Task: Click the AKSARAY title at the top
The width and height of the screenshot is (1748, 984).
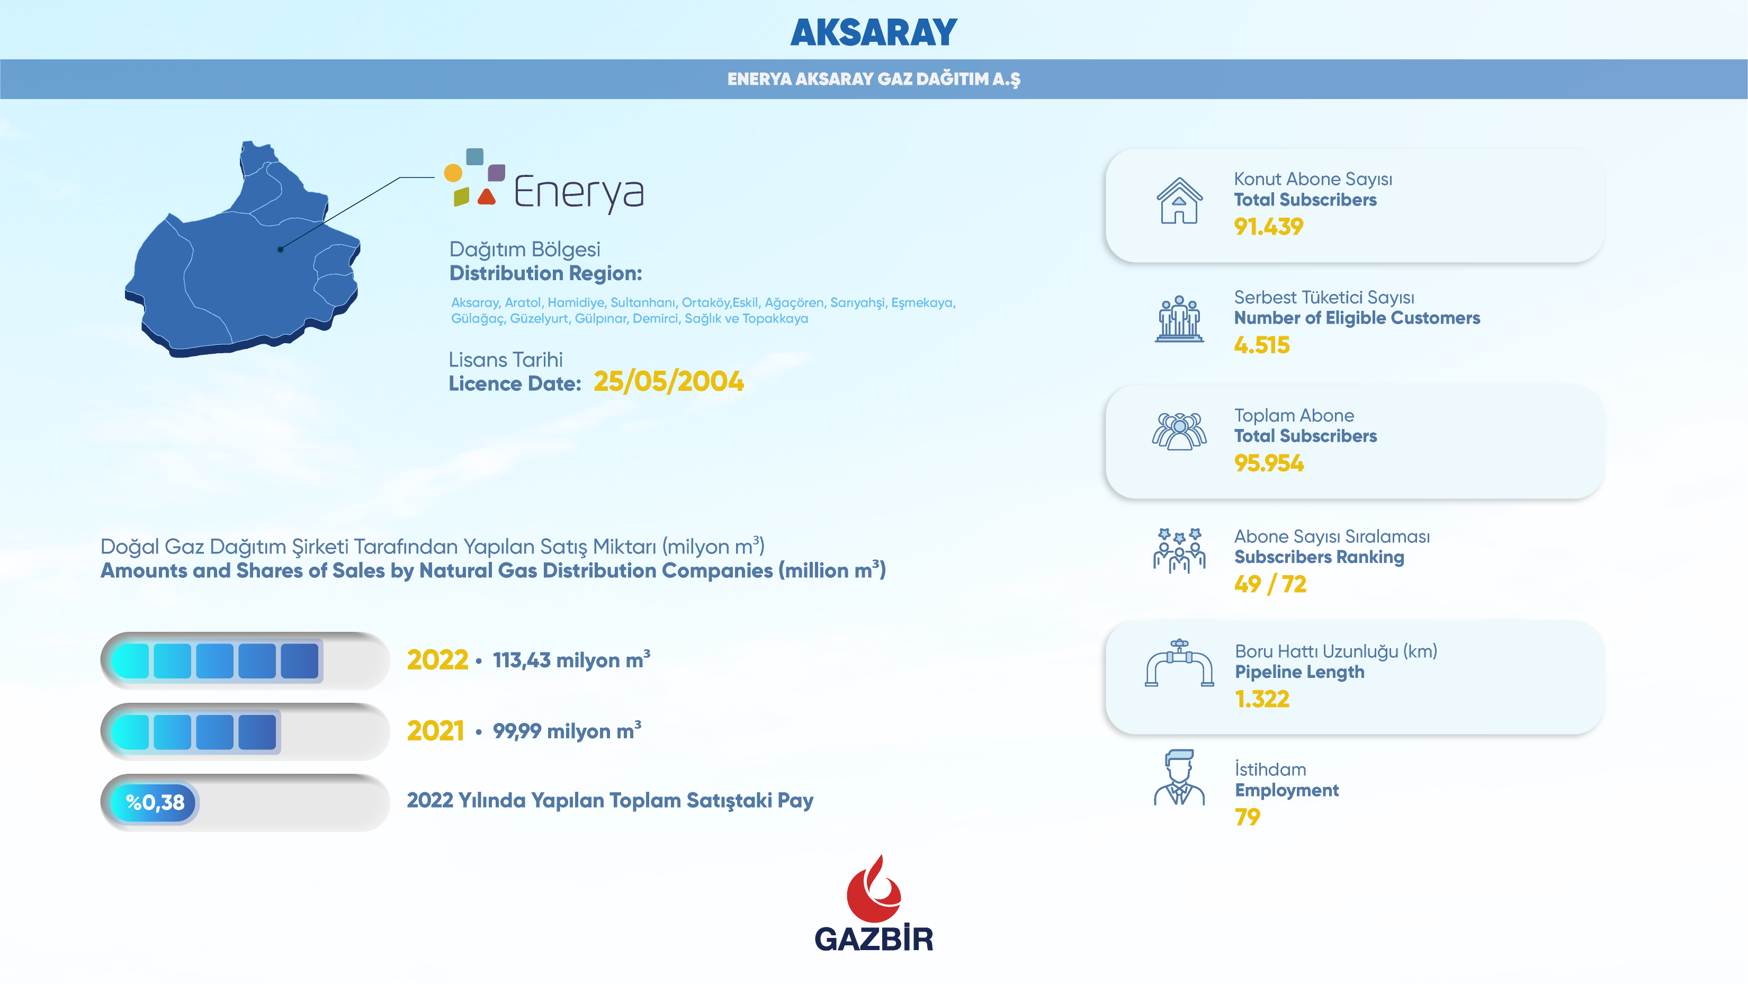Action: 873,33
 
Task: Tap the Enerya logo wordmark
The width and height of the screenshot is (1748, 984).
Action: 579,192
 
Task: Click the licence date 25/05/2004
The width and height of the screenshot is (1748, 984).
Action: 668,381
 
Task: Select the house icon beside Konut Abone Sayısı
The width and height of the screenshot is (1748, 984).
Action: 1179,200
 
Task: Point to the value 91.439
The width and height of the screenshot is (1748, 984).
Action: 1268,227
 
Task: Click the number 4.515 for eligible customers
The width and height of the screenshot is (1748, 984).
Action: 1261,345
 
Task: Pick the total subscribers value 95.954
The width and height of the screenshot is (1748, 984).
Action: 1268,463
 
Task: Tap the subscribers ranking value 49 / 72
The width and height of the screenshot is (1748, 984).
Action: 1270,584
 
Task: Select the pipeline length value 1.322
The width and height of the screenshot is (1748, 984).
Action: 1261,699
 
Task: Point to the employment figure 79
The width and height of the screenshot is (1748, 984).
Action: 1247,816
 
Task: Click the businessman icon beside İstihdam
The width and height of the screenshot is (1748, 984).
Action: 1179,777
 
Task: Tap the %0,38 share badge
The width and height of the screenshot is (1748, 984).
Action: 155,803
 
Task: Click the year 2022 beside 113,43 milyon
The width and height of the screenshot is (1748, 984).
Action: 438,660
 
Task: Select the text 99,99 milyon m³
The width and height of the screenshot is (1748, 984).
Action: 567,730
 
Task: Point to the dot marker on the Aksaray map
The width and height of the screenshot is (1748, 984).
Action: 280,249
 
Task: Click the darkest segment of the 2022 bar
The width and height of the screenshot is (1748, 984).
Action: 299,661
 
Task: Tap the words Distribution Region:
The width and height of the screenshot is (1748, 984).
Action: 545,273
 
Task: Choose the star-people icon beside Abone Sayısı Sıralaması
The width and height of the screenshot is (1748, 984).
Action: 1179,550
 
